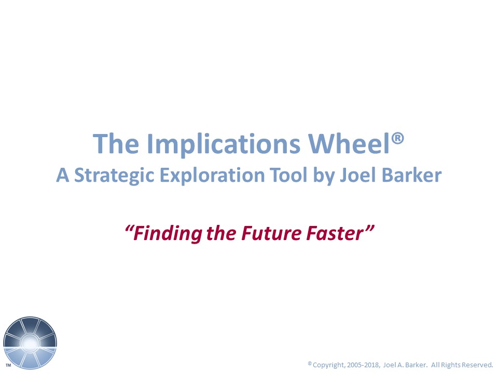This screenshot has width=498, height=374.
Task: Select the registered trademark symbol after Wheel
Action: (x=398, y=139)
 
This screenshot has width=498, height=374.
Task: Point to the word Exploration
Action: (x=212, y=175)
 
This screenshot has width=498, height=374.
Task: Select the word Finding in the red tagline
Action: (x=167, y=233)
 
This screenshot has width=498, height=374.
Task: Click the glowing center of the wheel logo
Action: (x=30, y=343)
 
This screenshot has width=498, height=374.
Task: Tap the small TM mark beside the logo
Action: (x=8, y=365)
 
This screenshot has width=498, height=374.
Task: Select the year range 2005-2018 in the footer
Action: (x=363, y=365)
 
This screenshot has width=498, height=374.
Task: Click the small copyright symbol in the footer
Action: (x=310, y=363)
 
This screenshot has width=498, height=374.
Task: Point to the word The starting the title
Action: (x=116, y=144)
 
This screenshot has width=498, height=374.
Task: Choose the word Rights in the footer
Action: (x=449, y=365)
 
